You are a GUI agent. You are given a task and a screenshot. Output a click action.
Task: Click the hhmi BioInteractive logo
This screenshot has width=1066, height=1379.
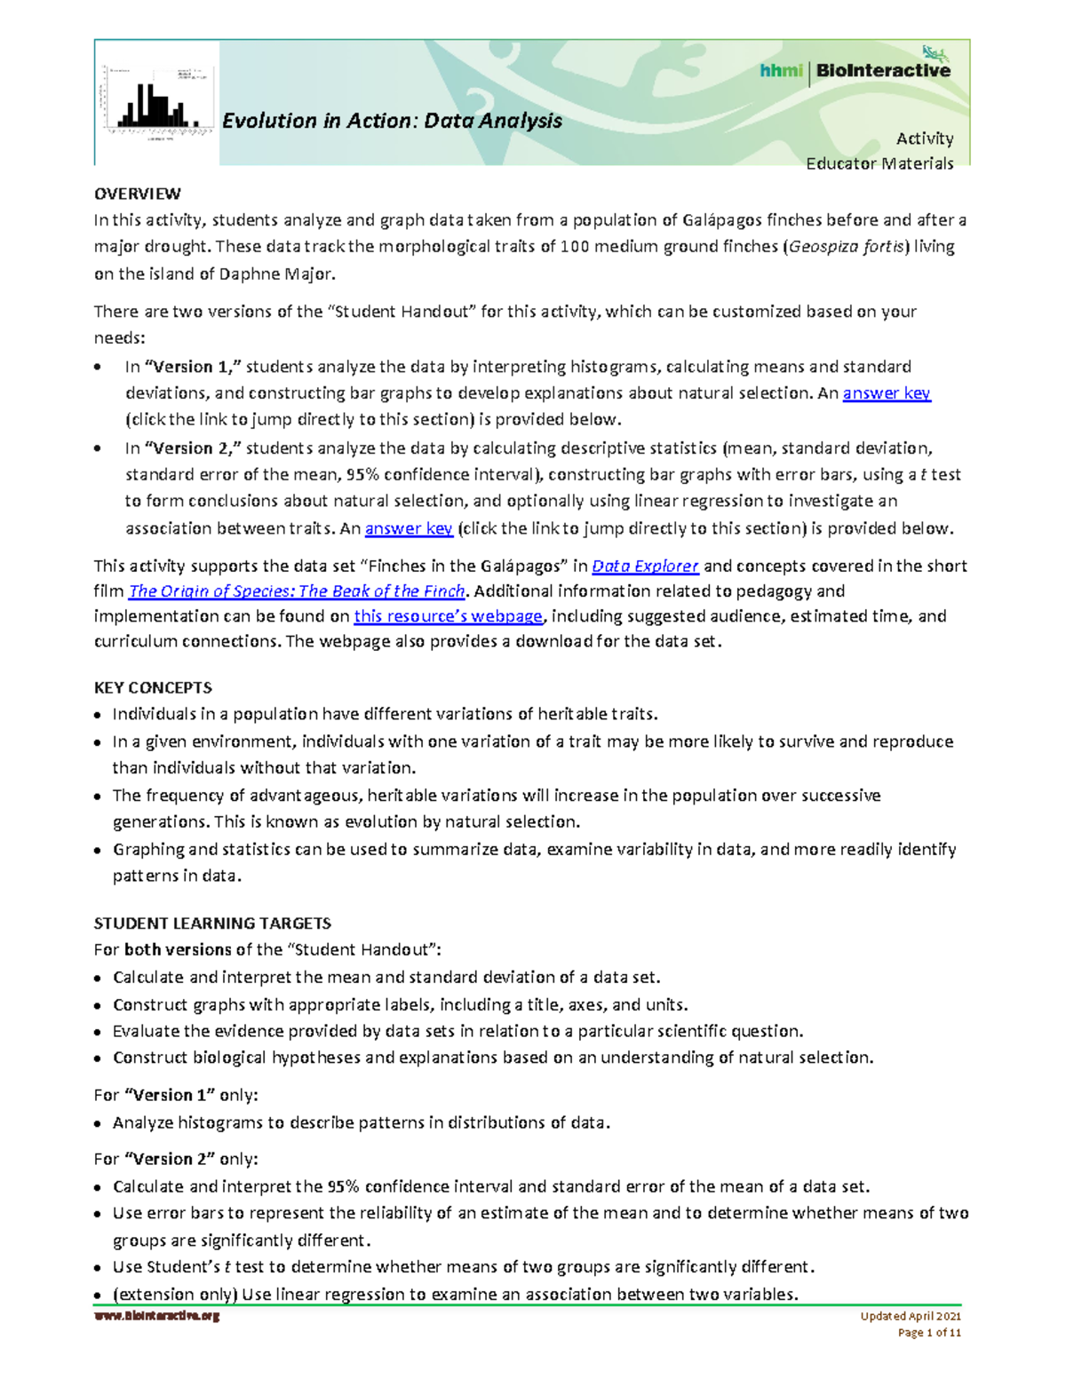coord(855,70)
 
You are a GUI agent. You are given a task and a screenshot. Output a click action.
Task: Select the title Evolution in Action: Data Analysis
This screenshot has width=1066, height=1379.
coord(392,121)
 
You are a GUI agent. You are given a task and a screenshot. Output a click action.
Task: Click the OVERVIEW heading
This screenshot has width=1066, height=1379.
coord(138,194)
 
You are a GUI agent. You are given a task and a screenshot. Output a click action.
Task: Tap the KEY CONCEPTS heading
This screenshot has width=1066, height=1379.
coord(153,687)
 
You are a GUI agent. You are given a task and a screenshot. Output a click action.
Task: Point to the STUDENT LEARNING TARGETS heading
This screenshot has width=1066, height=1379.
coord(212,923)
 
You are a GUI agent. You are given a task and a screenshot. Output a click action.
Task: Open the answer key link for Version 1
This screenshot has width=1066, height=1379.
coord(887,392)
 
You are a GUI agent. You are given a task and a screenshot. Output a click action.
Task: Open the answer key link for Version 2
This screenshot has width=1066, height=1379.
coord(409,528)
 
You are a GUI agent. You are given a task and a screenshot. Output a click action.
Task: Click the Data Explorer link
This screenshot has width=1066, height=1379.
coord(645,566)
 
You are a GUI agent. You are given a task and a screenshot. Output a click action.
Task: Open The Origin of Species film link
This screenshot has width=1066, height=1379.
coord(297,591)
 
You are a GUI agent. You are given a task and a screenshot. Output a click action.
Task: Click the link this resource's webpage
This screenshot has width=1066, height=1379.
coord(448,616)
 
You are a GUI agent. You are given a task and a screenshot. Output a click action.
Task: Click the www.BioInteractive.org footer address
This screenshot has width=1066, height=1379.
coord(157,1316)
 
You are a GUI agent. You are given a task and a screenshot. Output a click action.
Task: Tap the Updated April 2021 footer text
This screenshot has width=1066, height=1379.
coord(911,1316)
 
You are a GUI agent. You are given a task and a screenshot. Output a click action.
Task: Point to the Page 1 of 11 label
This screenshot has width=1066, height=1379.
coord(929,1333)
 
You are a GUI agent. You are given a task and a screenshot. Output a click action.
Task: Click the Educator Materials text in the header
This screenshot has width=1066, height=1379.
coord(879,163)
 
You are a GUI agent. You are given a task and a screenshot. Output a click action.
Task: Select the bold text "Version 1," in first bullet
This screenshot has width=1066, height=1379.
coord(193,367)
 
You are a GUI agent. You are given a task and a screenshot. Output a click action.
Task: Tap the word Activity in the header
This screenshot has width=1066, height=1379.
coord(925,139)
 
